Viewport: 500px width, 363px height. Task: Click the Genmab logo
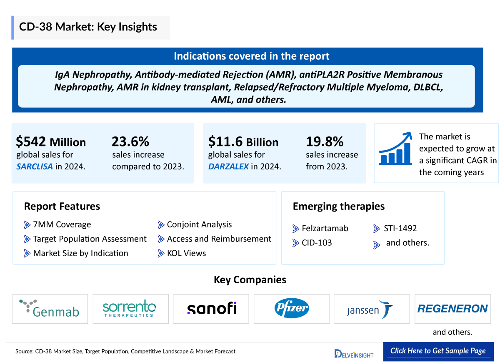click(50, 309)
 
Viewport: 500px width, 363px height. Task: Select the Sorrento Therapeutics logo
click(130, 309)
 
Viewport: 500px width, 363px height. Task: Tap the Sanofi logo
click(211, 309)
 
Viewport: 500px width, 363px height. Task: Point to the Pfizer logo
click(292, 309)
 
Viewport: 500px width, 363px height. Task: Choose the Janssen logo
click(370, 310)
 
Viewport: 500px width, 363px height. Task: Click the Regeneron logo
click(452, 309)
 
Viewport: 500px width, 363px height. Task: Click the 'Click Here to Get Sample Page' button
click(438, 351)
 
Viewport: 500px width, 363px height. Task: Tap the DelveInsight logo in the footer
click(354, 354)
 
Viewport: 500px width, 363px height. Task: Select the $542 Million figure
click(51, 142)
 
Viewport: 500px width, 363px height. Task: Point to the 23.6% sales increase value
click(130, 142)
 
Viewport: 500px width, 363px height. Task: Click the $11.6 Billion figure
click(243, 142)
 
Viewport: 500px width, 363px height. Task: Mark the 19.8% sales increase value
click(325, 142)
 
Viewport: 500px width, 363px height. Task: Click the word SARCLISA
click(35, 166)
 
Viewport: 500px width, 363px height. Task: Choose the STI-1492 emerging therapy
click(400, 228)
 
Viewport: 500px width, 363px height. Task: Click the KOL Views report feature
click(186, 253)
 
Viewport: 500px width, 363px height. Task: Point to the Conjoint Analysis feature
click(199, 224)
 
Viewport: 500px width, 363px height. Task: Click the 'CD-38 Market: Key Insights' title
click(88, 27)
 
